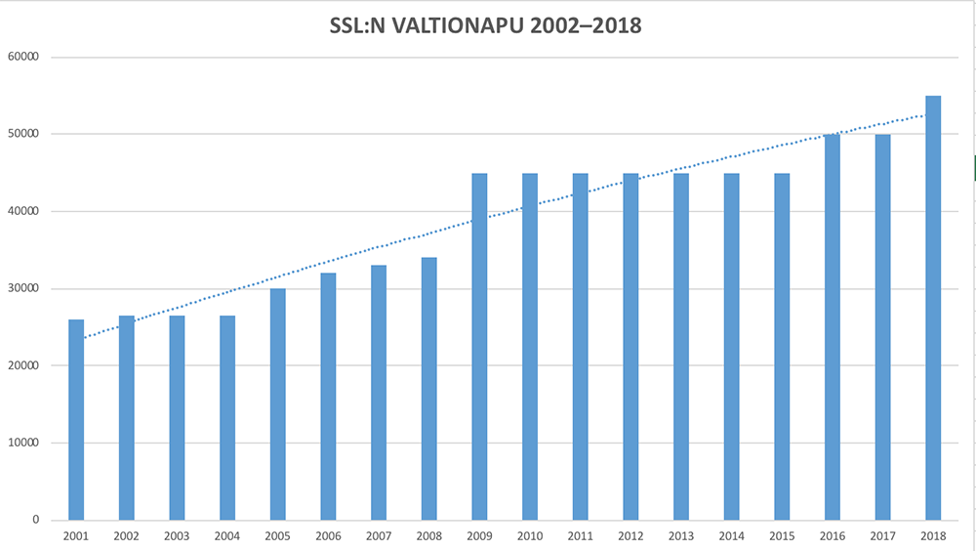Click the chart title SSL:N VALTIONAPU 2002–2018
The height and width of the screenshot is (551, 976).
tap(486, 26)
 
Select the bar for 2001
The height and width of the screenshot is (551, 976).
tap(76, 420)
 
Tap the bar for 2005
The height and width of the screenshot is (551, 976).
tap(278, 404)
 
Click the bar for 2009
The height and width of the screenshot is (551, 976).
tap(479, 347)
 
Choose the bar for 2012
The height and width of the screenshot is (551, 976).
tap(630, 347)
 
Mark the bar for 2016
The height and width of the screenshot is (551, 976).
tap(833, 327)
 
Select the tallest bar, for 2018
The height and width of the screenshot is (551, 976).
tap(933, 308)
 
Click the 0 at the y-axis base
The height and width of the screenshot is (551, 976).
tap(34, 520)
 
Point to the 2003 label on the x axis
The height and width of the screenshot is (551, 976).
tap(177, 536)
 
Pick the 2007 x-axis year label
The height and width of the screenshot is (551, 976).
tap(379, 536)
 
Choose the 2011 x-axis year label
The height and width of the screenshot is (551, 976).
tap(581, 536)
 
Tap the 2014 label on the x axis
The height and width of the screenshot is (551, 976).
tap(731, 536)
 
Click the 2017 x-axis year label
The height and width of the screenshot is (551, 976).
tap(882, 536)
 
